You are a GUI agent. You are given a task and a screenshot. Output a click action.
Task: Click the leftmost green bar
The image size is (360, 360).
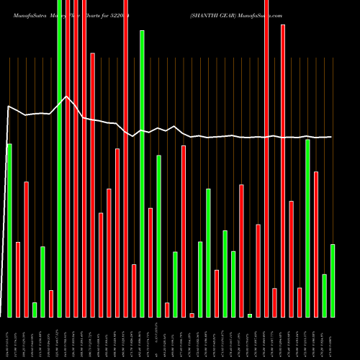[x=9, y=230]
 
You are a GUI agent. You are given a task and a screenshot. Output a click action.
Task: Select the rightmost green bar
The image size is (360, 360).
[x=333, y=281]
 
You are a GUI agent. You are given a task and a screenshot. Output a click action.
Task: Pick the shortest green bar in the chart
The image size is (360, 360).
[x=250, y=315]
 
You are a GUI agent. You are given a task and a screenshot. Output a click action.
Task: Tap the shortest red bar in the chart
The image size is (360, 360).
[x=192, y=315]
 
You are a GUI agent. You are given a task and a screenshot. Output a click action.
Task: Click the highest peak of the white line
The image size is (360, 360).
[x=67, y=96]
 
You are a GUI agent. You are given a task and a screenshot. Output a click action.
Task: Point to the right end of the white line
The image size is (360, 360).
[x=332, y=137]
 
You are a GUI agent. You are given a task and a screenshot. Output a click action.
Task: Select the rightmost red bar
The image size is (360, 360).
[x=316, y=244]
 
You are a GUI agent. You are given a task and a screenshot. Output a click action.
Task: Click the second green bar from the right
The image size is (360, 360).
[x=324, y=295]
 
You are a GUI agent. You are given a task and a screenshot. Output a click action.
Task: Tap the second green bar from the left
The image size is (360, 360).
[x=35, y=310]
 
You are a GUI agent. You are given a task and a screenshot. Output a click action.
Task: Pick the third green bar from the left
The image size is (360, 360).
[x=42, y=282]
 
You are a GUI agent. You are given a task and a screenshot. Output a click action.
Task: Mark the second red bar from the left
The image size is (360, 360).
[x=26, y=249]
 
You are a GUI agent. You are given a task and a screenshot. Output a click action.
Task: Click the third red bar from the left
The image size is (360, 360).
[x=51, y=303]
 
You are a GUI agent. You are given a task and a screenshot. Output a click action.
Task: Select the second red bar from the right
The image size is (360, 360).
[x=300, y=302]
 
